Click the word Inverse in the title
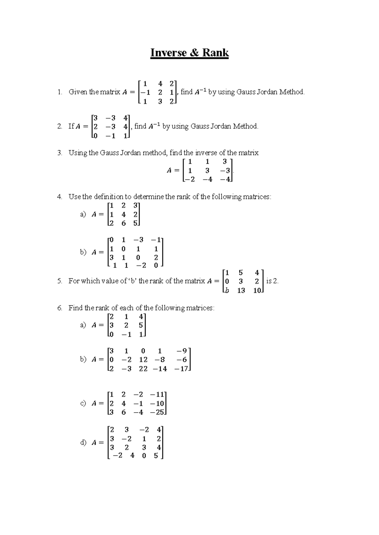(168, 53)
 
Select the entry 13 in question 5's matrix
(241, 291)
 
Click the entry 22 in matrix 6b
(143, 368)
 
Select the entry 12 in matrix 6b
(143, 360)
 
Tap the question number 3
(60, 153)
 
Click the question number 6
(60, 308)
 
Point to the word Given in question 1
(78, 92)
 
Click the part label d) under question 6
(83, 443)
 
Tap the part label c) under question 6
(83, 403)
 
